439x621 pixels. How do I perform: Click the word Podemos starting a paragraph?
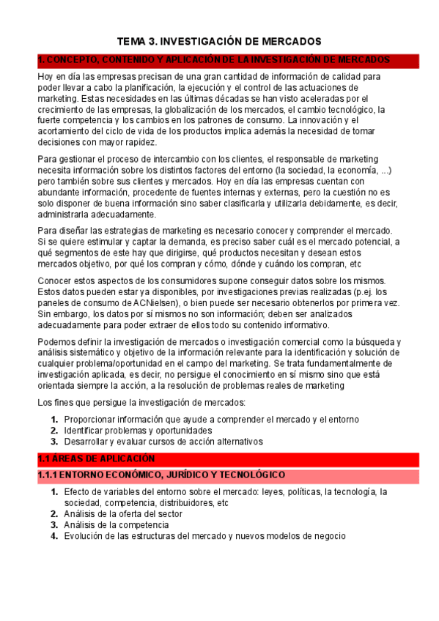(56, 341)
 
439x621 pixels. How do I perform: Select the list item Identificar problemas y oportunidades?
(138, 431)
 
